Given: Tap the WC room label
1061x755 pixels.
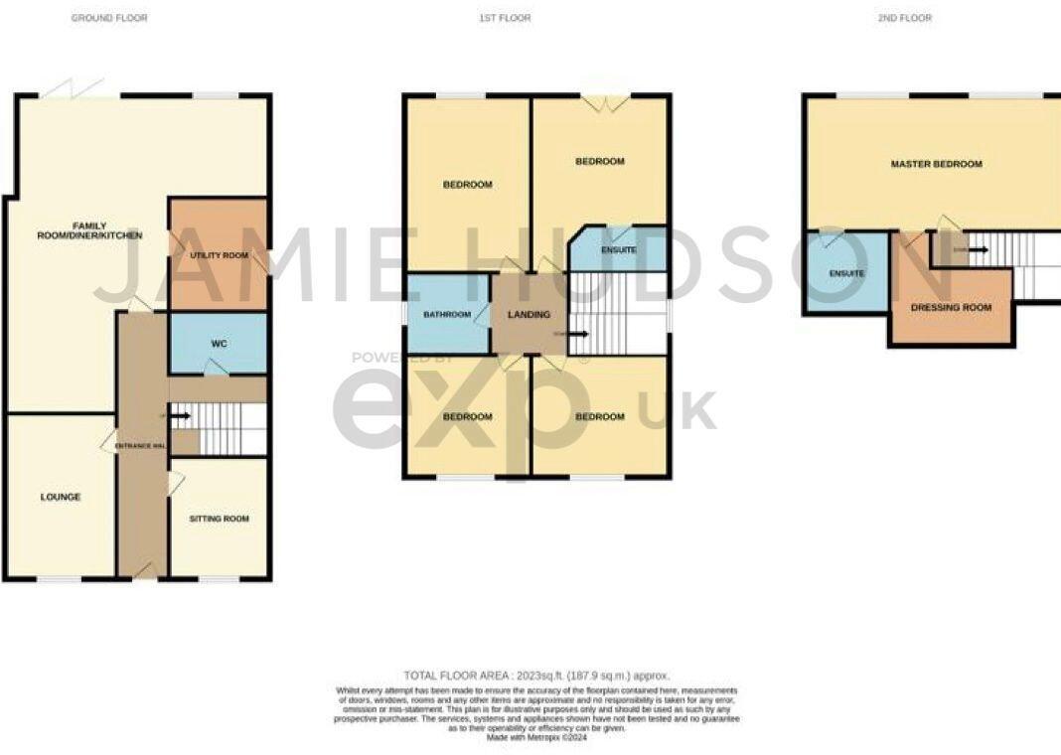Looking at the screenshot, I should pyautogui.click(x=220, y=344).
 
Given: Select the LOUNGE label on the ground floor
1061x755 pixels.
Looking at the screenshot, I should pyautogui.click(x=61, y=497).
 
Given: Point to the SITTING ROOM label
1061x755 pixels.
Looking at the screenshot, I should pyautogui.click(x=220, y=519).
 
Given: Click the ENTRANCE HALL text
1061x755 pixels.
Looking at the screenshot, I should pyautogui.click(x=139, y=445).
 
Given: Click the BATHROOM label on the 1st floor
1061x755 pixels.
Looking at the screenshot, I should pyautogui.click(x=446, y=315).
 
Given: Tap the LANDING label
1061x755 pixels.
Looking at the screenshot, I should pyautogui.click(x=530, y=315).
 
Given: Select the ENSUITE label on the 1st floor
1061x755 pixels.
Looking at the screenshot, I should pyautogui.click(x=618, y=250).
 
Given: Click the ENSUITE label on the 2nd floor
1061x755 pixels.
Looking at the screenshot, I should pyautogui.click(x=846, y=273).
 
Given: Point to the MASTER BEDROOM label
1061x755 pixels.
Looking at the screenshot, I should pyautogui.click(x=936, y=164).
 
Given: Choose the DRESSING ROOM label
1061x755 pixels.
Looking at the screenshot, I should pyautogui.click(x=951, y=308).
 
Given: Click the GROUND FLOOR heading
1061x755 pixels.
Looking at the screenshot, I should pyautogui.click(x=109, y=18).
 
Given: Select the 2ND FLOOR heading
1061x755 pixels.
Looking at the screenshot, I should pyautogui.click(x=904, y=18).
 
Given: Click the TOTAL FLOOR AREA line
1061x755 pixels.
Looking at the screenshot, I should pyautogui.click(x=537, y=675).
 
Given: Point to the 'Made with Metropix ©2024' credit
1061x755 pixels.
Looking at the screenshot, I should pyautogui.click(x=537, y=736).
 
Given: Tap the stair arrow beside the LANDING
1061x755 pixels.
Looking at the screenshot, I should pyautogui.click(x=579, y=334).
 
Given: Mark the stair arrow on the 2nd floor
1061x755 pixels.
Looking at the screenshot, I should pyautogui.click(x=978, y=249).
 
